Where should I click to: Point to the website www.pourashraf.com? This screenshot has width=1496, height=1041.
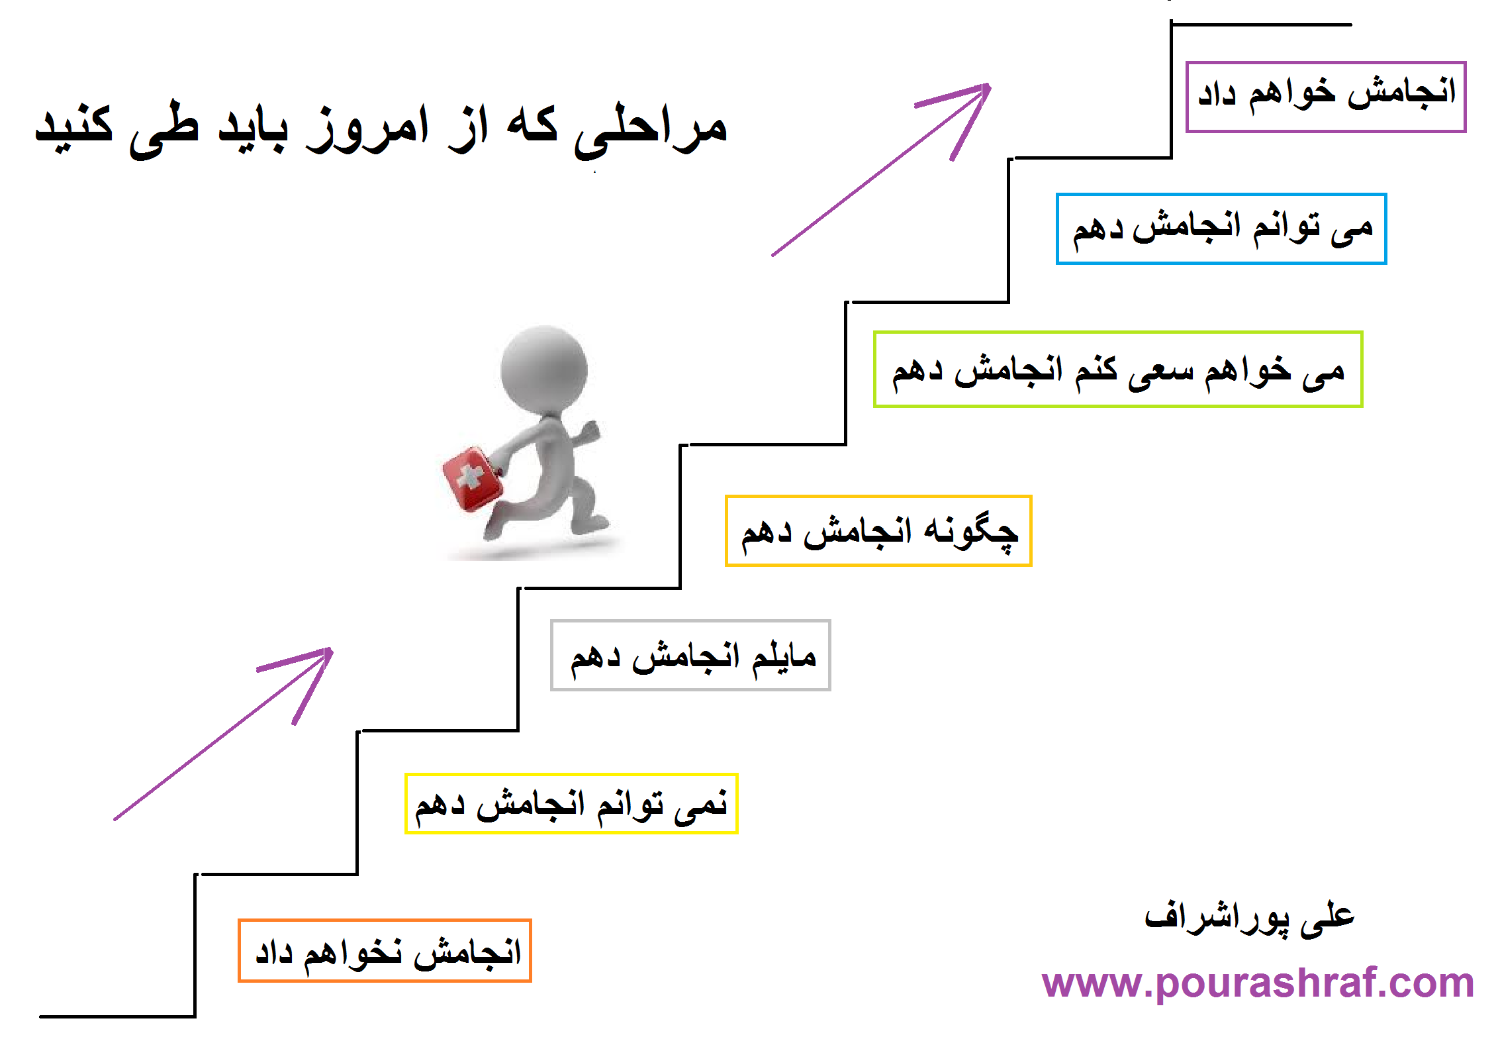1258,983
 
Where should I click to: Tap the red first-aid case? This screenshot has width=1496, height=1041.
473,479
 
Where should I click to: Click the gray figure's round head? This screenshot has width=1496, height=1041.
544,368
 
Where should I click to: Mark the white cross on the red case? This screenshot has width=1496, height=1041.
471,476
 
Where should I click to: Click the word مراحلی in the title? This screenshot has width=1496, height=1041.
651,130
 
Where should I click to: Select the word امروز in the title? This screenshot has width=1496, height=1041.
367,130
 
